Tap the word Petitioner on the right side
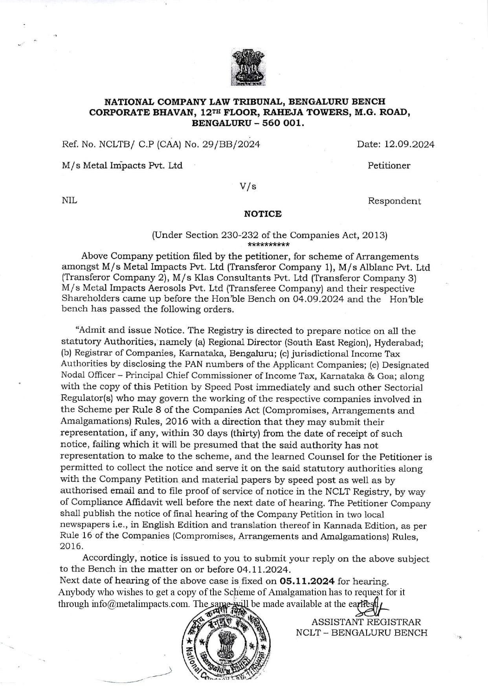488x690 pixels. [389, 166]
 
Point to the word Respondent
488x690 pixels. [394, 201]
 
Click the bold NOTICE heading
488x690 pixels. [263, 214]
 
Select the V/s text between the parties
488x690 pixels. [248, 186]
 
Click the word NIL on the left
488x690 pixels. [70, 201]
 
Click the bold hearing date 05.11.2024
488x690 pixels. [307, 581]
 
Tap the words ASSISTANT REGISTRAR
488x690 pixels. [366, 622]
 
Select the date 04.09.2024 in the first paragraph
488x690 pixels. [319, 299]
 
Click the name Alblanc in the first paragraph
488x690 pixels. [383, 268]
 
